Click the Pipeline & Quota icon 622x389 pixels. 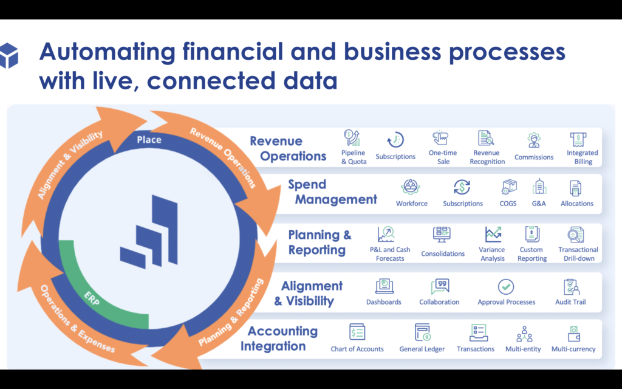click(352, 138)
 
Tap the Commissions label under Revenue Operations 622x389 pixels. click(533, 157)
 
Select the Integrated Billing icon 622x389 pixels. click(578, 139)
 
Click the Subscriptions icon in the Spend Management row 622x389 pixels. click(462, 187)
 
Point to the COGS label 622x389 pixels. click(508, 204)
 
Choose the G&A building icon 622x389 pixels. click(539, 187)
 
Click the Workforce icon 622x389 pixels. click(410, 187)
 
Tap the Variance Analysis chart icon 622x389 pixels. click(493, 234)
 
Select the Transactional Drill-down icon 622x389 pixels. click(576, 235)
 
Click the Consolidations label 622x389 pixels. click(443, 253)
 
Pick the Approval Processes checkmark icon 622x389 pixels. click(506, 287)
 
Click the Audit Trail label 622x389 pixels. click(570, 302)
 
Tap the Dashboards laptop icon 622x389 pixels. click(384, 286)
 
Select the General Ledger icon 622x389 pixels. click(422, 332)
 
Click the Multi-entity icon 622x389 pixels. click(524, 334)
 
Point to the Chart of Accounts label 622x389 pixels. click(357, 349)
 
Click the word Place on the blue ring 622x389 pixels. click(149, 140)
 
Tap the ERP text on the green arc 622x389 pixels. click(92, 298)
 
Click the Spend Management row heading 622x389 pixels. click(332, 191)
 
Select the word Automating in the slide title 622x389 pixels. click(107, 52)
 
